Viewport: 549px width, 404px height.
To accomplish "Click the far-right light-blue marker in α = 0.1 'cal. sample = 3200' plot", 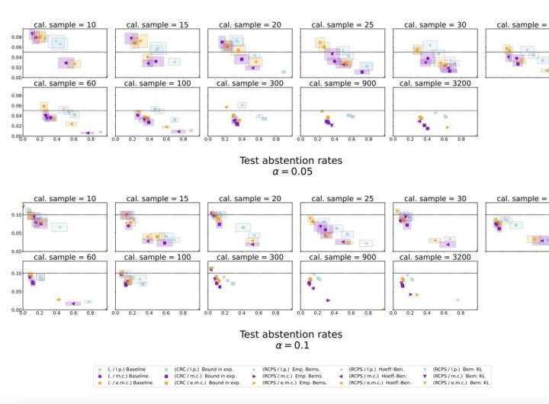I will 458,300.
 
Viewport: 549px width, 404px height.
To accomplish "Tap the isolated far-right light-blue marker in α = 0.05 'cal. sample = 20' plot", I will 284,72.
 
